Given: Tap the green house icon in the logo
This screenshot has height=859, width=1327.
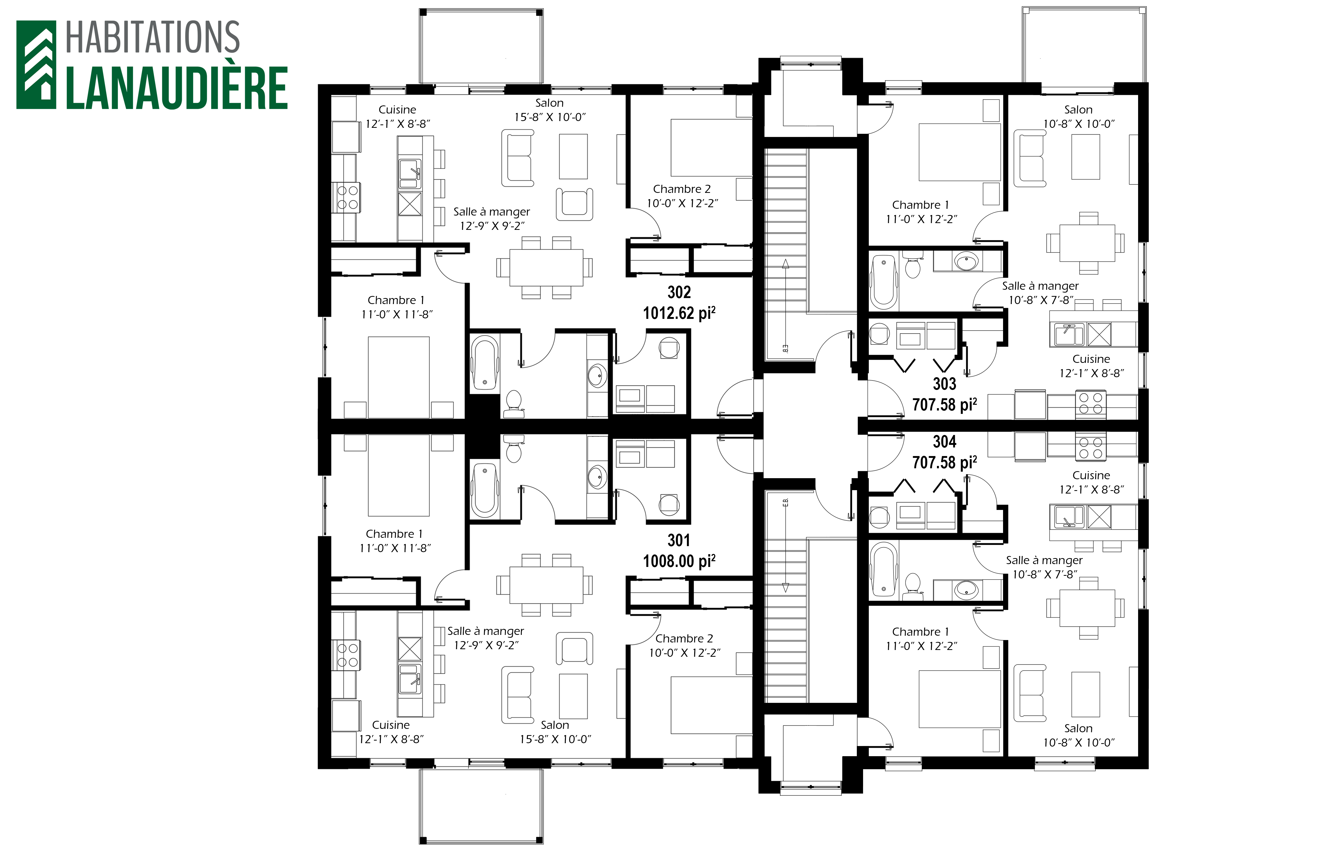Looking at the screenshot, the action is coord(36,65).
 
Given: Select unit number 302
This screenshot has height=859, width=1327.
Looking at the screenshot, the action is coord(679,292).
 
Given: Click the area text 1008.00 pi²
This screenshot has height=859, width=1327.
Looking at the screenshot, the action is coord(679,561).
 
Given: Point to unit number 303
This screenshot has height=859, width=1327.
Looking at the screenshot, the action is coord(945,384).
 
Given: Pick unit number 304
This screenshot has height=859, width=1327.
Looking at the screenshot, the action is coord(945,442).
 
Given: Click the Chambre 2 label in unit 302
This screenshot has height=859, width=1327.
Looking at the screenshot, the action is coord(682,189).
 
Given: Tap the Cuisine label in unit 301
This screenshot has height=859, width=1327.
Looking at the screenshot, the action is coord(391,725).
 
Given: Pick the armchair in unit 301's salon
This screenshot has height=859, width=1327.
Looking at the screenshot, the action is coord(574,648).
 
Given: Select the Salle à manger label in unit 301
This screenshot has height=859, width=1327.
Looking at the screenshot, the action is coord(486,631).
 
